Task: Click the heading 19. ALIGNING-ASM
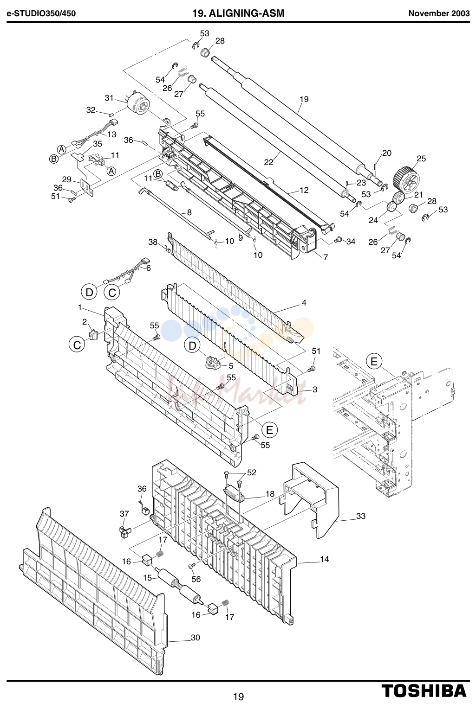(238, 13)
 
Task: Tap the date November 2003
(439, 13)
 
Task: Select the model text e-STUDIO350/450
(41, 13)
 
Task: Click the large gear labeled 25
(406, 179)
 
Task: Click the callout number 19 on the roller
(304, 99)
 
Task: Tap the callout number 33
(361, 516)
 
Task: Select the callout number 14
(324, 559)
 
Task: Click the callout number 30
(195, 638)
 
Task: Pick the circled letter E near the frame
(374, 362)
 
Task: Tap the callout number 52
(252, 473)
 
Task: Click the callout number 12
(304, 190)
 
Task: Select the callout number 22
(268, 162)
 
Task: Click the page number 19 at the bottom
(239, 696)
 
